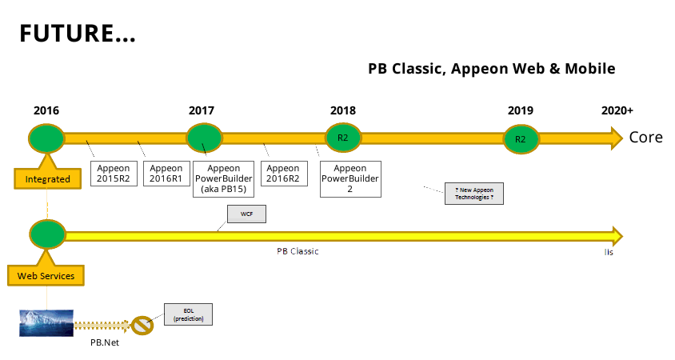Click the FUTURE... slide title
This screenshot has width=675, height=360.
(77, 34)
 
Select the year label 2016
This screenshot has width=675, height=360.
(46, 110)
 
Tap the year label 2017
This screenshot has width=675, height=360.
(202, 110)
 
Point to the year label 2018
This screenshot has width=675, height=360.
(343, 110)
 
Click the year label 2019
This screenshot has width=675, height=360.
(521, 110)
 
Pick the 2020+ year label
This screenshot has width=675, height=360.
(617, 110)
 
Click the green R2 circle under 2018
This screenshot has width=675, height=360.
(343, 138)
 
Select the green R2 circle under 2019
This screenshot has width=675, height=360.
(521, 139)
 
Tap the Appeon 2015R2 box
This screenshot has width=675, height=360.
(114, 174)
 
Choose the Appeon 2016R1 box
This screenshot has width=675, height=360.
(166, 174)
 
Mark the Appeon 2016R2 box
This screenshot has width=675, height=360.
(283, 174)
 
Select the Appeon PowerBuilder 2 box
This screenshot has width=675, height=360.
(350, 178)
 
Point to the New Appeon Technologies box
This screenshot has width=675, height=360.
(474, 193)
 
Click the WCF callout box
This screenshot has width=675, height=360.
(246, 214)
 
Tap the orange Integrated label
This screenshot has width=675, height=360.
(48, 179)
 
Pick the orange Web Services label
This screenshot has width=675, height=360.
(46, 276)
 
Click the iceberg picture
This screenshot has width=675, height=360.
(46, 322)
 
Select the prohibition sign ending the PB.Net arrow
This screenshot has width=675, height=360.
(142, 326)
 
